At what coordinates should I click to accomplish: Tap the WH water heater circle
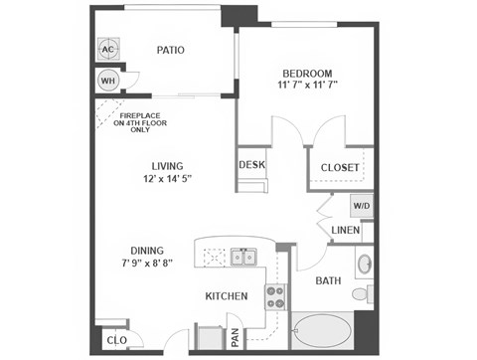click(108, 80)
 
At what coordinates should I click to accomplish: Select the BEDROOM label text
click(307, 73)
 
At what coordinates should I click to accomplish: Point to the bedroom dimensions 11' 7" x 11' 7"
click(307, 86)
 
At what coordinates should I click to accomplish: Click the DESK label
click(250, 164)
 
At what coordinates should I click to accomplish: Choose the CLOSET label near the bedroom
click(340, 168)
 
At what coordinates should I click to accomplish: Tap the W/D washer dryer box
click(362, 208)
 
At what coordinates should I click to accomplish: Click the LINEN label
click(346, 231)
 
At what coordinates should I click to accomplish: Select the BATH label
click(328, 280)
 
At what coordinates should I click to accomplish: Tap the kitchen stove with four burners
click(275, 295)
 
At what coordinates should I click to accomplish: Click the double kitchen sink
click(241, 259)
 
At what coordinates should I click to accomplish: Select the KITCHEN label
click(226, 296)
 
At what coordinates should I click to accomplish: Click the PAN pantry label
click(236, 338)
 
